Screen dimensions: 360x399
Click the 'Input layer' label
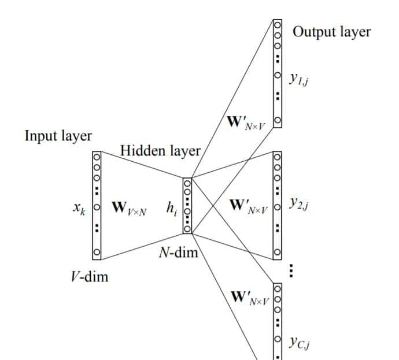(x=58, y=136)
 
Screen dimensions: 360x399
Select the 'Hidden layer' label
(x=160, y=151)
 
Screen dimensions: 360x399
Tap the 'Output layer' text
(x=331, y=31)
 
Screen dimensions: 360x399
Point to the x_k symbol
(x=80, y=207)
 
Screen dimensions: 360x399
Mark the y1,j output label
(x=300, y=78)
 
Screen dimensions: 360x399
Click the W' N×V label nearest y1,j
(x=246, y=123)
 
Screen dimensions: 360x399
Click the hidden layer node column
(x=187, y=205)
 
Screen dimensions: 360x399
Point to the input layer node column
(x=97, y=205)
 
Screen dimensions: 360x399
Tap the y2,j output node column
(x=278, y=204)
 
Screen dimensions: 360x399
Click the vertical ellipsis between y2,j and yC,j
(x=291, y=270)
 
